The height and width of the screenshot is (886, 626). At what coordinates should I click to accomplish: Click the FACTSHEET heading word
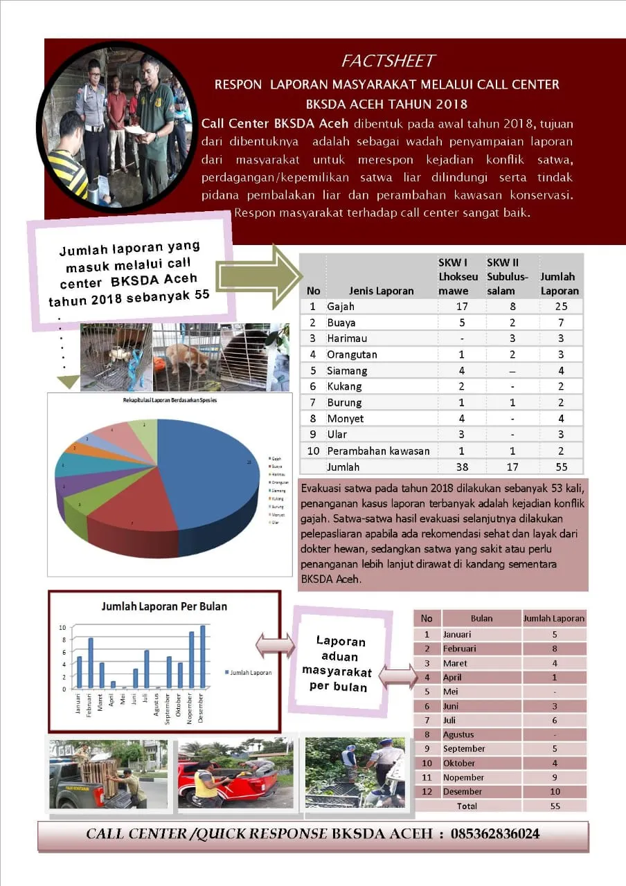tap(388, 62)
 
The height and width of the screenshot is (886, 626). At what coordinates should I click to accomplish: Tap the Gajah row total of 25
tap(559, 307)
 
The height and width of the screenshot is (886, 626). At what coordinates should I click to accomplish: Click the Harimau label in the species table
tap(347, 338)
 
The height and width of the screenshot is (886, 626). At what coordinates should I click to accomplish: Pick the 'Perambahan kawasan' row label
tap(378, 451)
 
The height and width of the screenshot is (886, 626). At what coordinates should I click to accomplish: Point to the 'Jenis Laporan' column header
tap(381, 291)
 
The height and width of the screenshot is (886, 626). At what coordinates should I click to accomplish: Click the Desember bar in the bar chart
tap(203, 658)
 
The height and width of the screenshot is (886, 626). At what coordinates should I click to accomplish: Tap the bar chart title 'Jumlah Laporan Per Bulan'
tap(164, 606)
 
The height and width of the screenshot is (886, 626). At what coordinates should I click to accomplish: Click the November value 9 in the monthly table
tap(554, 777)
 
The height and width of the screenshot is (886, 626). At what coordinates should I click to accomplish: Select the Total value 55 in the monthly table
tap(554, 806)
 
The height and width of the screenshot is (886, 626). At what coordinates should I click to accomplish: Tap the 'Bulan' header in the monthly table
tap(481, 618)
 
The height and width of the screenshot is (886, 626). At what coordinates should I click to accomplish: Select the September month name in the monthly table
tap(465, 749)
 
